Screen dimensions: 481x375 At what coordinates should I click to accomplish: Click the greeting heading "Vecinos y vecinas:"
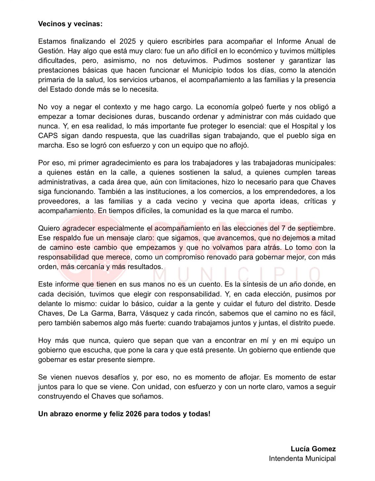pyautogui.click(x=70, y=24)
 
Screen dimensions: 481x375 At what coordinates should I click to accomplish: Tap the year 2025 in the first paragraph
pyautogui.click(x=128, y=41)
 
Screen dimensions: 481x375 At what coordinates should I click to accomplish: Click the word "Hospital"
pyautogui.click(x=299, y=126)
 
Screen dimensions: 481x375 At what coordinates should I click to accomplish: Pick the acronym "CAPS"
pyautogui.click(x=48, y=136)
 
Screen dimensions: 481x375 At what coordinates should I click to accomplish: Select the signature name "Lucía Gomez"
pyautogui.click(x=313, y=449)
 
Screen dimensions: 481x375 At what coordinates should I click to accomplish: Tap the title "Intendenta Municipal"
pyautogui.click(x=302, y=459)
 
